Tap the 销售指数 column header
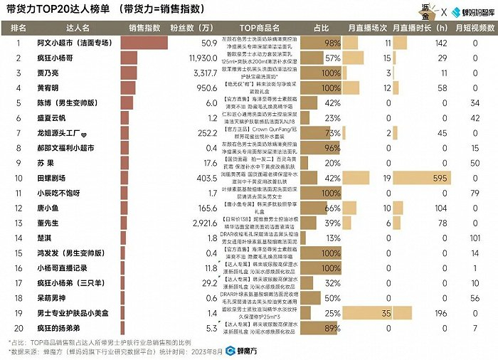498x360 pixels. click(145, 28)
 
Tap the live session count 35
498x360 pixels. click(386, 312)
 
